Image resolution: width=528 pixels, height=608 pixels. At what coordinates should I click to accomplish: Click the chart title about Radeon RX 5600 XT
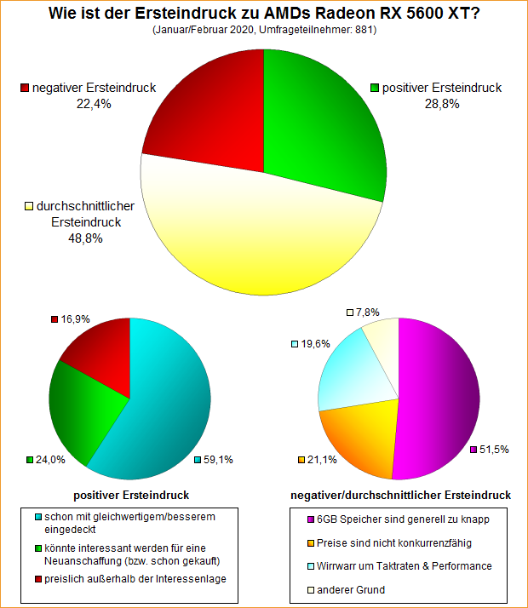click(x=264, y=14)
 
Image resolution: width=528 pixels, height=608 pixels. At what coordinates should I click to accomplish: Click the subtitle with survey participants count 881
click(x=264, y=30)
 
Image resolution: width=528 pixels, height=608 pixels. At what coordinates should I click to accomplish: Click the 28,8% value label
click(x=442, y=103)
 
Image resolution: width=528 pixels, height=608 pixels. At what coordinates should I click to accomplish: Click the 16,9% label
click(x=76, y=319)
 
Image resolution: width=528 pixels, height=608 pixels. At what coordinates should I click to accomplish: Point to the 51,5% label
click(x=493, y=449)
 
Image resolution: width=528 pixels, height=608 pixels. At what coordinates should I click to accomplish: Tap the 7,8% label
click(x=368, y=313)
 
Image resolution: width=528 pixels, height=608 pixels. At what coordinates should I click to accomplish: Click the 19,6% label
click(x=311, y=344)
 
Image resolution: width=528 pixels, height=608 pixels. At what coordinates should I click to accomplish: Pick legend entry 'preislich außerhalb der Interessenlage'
click(x=141, y=580)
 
